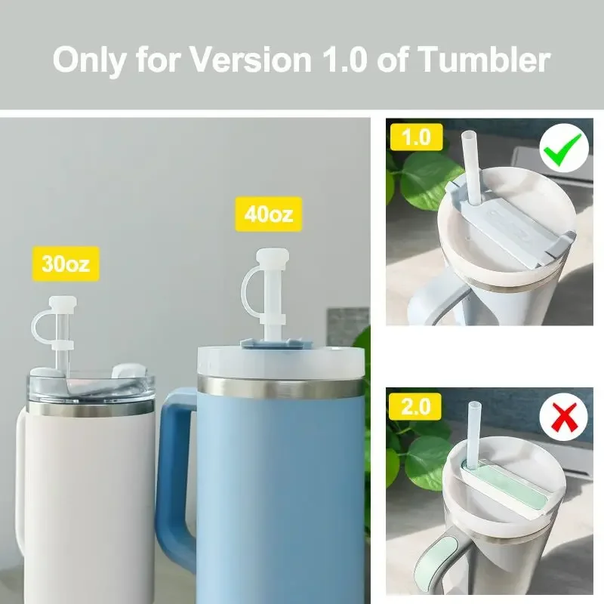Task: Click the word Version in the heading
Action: click(x=251, y=60)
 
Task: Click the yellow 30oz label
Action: click(x=66, y=263)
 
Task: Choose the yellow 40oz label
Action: click(x=269, y=214)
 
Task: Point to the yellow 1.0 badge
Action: click(x=417, y=137)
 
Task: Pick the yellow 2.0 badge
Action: click(x=415, y=407)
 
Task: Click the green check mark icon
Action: click(x=564, y=148)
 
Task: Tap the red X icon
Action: click(x=563, y=418)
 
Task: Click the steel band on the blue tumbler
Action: click(x=280, y=387)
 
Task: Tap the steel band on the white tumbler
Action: click(x=91, y=408)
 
